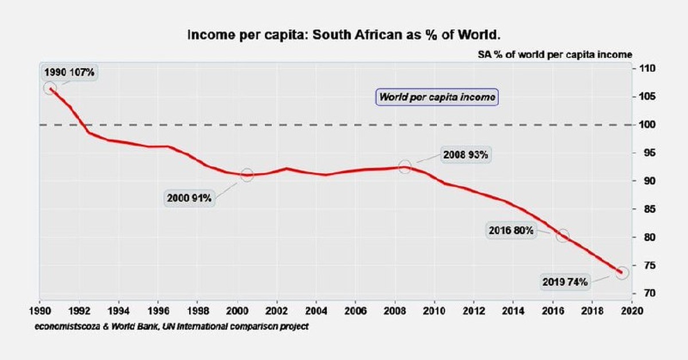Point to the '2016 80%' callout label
pyautogui.click(x=511, y=230)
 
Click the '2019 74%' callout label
pyautogui.click(x=565, y=282)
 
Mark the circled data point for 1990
pyautogui.click(x=49, y=88)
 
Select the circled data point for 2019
pyautogui.click(x=622, y=272)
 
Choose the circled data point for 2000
pyautogui.click(x=247, y=175)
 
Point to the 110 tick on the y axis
pyautogui.click(x=644, y=69)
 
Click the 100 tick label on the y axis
pyautogui.click(x=644, y=125)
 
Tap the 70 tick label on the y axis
pyautogui.click(x=644, y=294)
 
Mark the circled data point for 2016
pyautogui.click(x=562, y=236)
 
